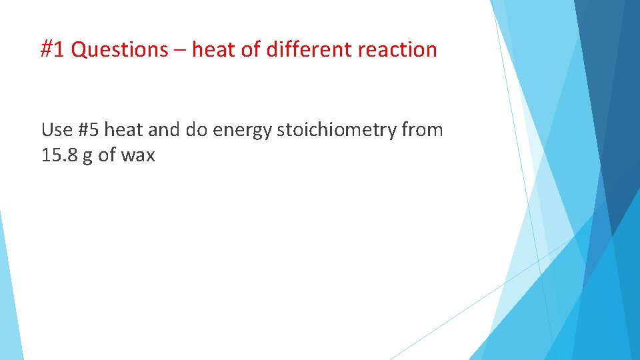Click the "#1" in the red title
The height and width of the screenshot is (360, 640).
click(53, 50)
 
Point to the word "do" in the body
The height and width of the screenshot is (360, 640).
click(197, 130)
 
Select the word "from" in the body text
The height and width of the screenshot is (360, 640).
click(422, 130)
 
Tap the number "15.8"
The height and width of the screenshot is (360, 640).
click(59, 155)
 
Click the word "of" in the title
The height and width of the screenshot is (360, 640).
click(251, 50)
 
